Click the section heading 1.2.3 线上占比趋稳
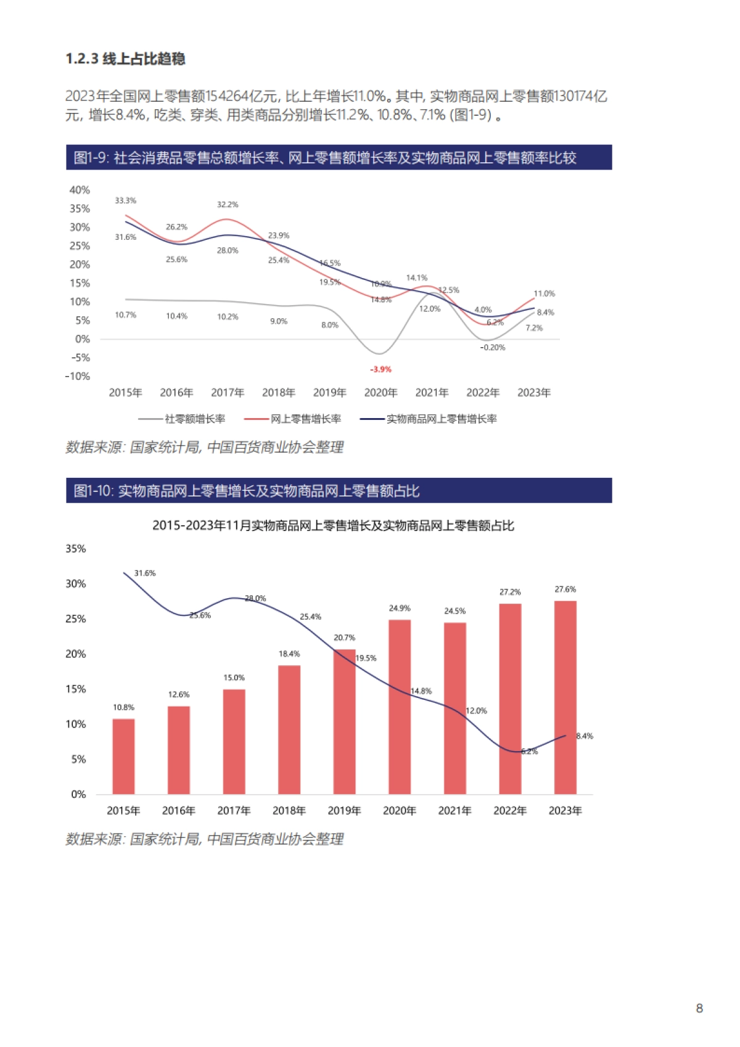pyautogui.click(x=125, y=59)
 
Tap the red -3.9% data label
pyautogui.click(x=380, y=369)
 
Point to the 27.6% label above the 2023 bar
pyautogui.click(x=565, y=589)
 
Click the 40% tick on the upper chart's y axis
pyautogui.click(x=80, y=190)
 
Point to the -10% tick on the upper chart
pyautogui.click(x=78, y=376)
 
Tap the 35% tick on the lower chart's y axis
pyautogui.click(x=76, y=549)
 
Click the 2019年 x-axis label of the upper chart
pyautogui.click(x=329, y=393)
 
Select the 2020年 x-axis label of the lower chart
pyautogui.click(x=400, y=811)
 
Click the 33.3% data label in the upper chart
pyautogui.click(x=125, y=201)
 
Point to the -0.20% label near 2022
pyautogui.click(x=492, y=348)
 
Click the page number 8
pyautogui.click(x=699, y=1008)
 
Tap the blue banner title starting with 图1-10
pyautogui.click(x=247, y=491)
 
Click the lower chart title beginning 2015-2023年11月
pyautogui.click(x=333, y=526)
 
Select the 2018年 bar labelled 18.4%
pyautogui.click(x=289, y=729)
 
